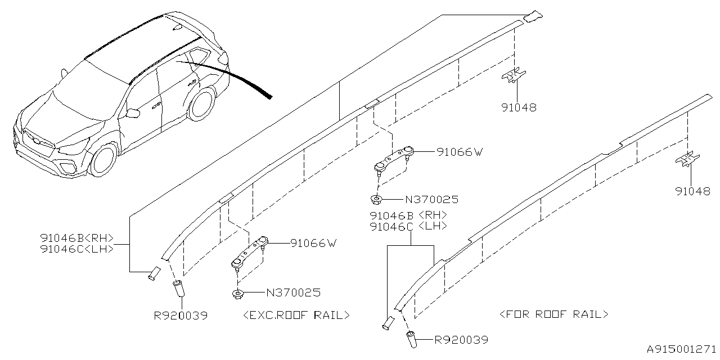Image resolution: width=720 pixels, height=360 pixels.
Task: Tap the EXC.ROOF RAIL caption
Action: pyautogui.click(x=296, y=315)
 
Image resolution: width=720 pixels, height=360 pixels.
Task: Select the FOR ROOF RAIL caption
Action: pyautogui.click(x=554, y=314)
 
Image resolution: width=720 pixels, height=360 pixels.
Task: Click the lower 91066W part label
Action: pyautogui.click(x=313, y=243)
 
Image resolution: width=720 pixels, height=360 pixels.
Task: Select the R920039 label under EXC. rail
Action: pyautogui.click(x=181, y=316)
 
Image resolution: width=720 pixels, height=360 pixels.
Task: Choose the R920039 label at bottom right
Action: pyautogui.click(x=461, y=340)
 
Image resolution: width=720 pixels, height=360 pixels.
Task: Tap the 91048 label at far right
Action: pyautogui.click(x=692, y=191)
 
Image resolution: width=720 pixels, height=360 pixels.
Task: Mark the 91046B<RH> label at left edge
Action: pyautogui.click(x=77, y=237)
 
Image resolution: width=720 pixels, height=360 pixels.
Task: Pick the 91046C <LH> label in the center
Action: pyautogui.click(x=408, y=226)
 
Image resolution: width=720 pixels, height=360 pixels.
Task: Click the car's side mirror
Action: pyautogui.click(x=133, y=113)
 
